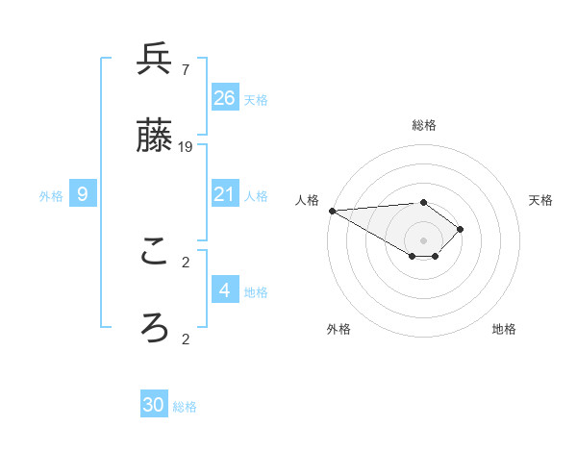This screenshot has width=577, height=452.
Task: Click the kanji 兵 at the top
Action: [154, 60]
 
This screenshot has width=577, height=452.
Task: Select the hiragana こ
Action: [154, 252]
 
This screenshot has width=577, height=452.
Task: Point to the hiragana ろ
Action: [154, 328]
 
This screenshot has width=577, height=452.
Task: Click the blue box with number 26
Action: [225, 97]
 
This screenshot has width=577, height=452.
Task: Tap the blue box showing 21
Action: [225, 194]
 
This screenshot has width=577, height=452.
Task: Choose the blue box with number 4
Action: [225, 289]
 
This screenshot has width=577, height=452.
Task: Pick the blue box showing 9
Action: [83, 194]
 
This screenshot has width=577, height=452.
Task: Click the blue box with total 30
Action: [154, 405]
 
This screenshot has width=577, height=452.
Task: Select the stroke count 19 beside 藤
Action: [186, 147]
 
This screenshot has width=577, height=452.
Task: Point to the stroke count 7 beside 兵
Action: [185, 69]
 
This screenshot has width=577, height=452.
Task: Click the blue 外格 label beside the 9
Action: [51, 196]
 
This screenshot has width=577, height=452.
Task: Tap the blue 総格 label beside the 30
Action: [185, 407]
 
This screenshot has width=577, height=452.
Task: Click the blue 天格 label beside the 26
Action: [256, 99]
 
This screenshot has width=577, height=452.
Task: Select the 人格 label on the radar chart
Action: [306, 200]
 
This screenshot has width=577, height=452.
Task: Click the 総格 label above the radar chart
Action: [424, 125]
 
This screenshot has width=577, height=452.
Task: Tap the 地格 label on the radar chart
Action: [504, 329]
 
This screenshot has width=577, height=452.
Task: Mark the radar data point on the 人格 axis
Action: [332, 211]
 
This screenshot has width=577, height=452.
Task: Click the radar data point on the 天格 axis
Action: [461, 229]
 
